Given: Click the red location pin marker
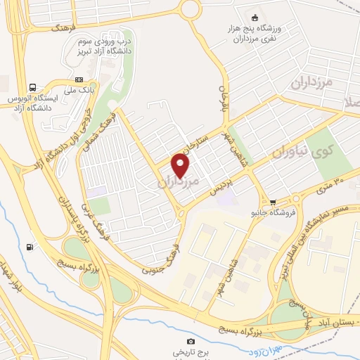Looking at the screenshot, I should (x=181, y=165).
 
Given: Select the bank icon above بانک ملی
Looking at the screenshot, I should (x=79, y=79).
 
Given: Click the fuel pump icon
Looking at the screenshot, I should (x=30, y=247).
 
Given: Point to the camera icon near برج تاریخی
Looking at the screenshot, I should (x=191, y=341).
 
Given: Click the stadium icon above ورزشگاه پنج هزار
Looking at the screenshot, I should (x=255, y=17).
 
